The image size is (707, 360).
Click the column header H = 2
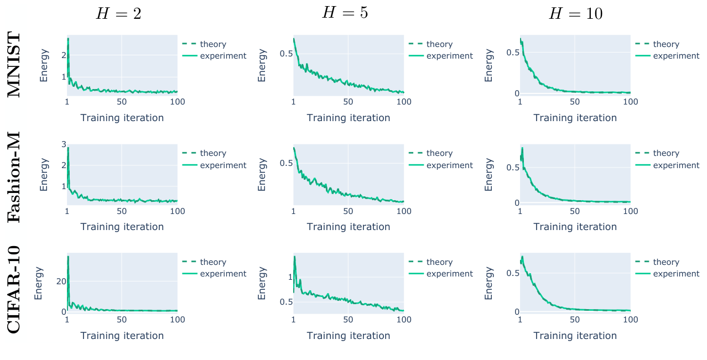coord(118,14)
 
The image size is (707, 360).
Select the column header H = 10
coord(575,14)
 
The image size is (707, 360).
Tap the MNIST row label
coord(14,65)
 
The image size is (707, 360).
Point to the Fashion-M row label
coord(14,177)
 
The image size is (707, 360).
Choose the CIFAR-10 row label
coord(14,289)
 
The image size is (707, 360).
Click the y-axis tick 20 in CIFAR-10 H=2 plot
coord(61,281)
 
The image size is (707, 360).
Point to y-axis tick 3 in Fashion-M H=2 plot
coord(64,144)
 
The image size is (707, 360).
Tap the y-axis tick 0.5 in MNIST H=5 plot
coord(285,54)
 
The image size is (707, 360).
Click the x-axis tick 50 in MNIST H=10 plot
coord(575,102)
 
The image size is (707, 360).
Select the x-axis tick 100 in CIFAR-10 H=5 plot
coord(404,320)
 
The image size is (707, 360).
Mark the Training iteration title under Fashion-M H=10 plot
coord(575,227)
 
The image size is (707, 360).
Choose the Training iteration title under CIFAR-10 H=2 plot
coord(122,336)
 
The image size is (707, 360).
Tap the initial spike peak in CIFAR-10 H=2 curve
coord(68,256)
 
